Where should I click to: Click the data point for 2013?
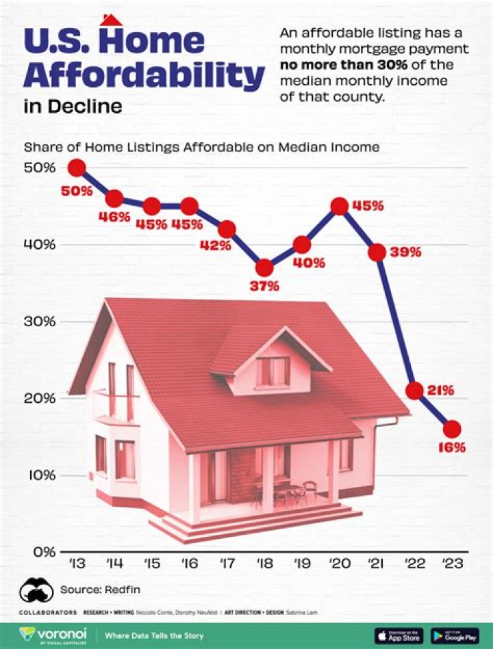coord(77,168)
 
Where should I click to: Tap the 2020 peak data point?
coord(340,206)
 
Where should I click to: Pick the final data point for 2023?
coord(452,429)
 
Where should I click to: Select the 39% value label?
coord(405,252)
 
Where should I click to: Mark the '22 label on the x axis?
coord(414,563)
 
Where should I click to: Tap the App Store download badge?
coord(399,635)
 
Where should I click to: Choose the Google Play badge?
coord(454,635)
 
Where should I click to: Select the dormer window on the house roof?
coord(273,371)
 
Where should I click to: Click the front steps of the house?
coord(260,522)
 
